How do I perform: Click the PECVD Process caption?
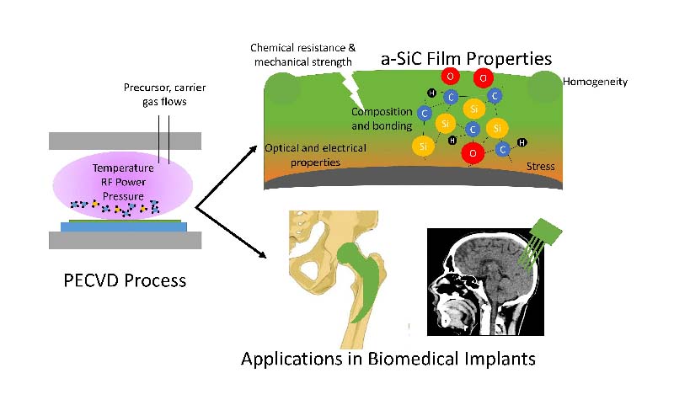(x=125, y=280)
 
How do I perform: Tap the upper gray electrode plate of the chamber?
(x=125, y=140)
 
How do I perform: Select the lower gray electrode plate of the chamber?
(x=125, y=239)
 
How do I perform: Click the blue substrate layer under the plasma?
(x=125, y=226)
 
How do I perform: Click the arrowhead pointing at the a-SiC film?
(x=255, y=150)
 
